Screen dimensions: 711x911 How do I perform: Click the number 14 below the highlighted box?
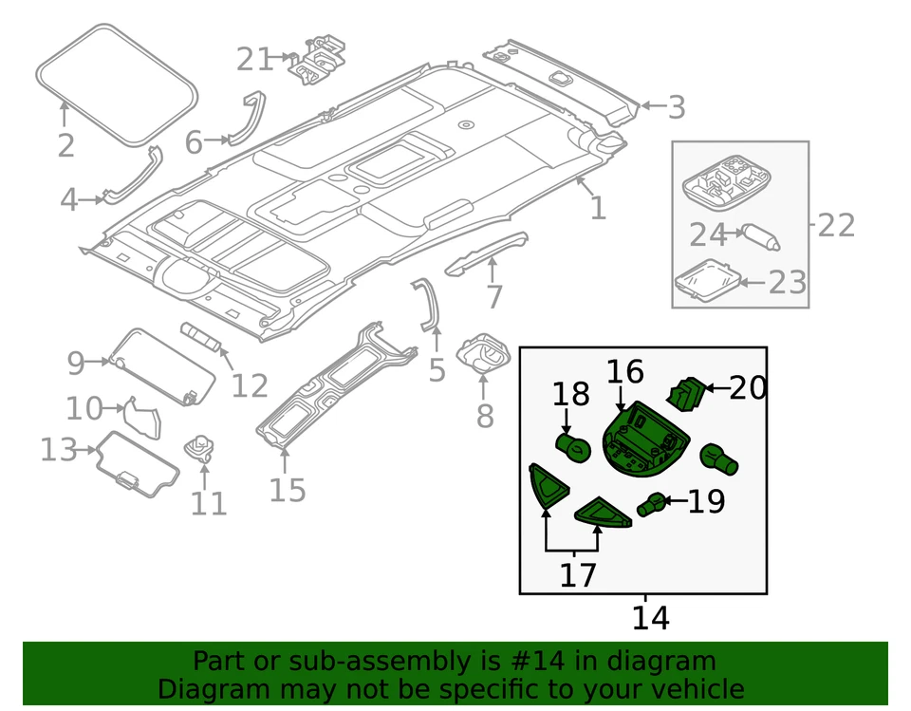click(x=650, y=618)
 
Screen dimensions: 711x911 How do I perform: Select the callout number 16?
click(x=625, y=371)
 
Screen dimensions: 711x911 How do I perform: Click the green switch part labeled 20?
click(x=688, y=392)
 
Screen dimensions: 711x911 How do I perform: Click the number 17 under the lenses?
click(x=577, y=575)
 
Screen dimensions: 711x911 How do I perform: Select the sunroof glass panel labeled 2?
click(x=116, y=85)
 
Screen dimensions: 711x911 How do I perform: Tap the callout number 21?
click(x=253, y=60)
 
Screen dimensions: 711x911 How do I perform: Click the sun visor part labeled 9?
click(x=161, y=365)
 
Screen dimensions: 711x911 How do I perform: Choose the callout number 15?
click(x=287, y=490)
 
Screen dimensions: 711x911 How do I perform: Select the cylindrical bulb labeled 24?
click(x=760, y=236)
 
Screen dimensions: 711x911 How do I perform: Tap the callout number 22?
click(x=835, y=226)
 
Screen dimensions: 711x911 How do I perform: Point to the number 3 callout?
click(x=675, y=107)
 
